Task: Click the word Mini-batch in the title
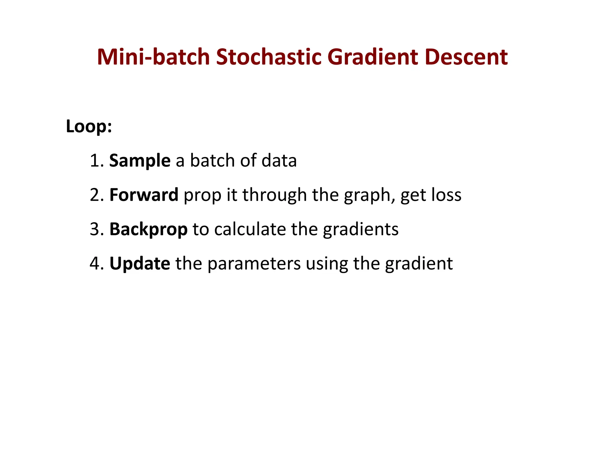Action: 153,57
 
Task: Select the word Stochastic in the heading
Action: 269,57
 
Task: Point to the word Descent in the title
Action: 466,57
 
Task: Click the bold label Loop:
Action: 89,127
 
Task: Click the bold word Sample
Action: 140,161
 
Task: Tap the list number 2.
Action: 96,195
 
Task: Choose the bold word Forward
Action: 144,195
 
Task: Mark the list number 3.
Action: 96,229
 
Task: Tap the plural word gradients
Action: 360,230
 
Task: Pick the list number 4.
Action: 96,264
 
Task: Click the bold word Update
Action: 140,264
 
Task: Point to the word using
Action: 327,264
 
